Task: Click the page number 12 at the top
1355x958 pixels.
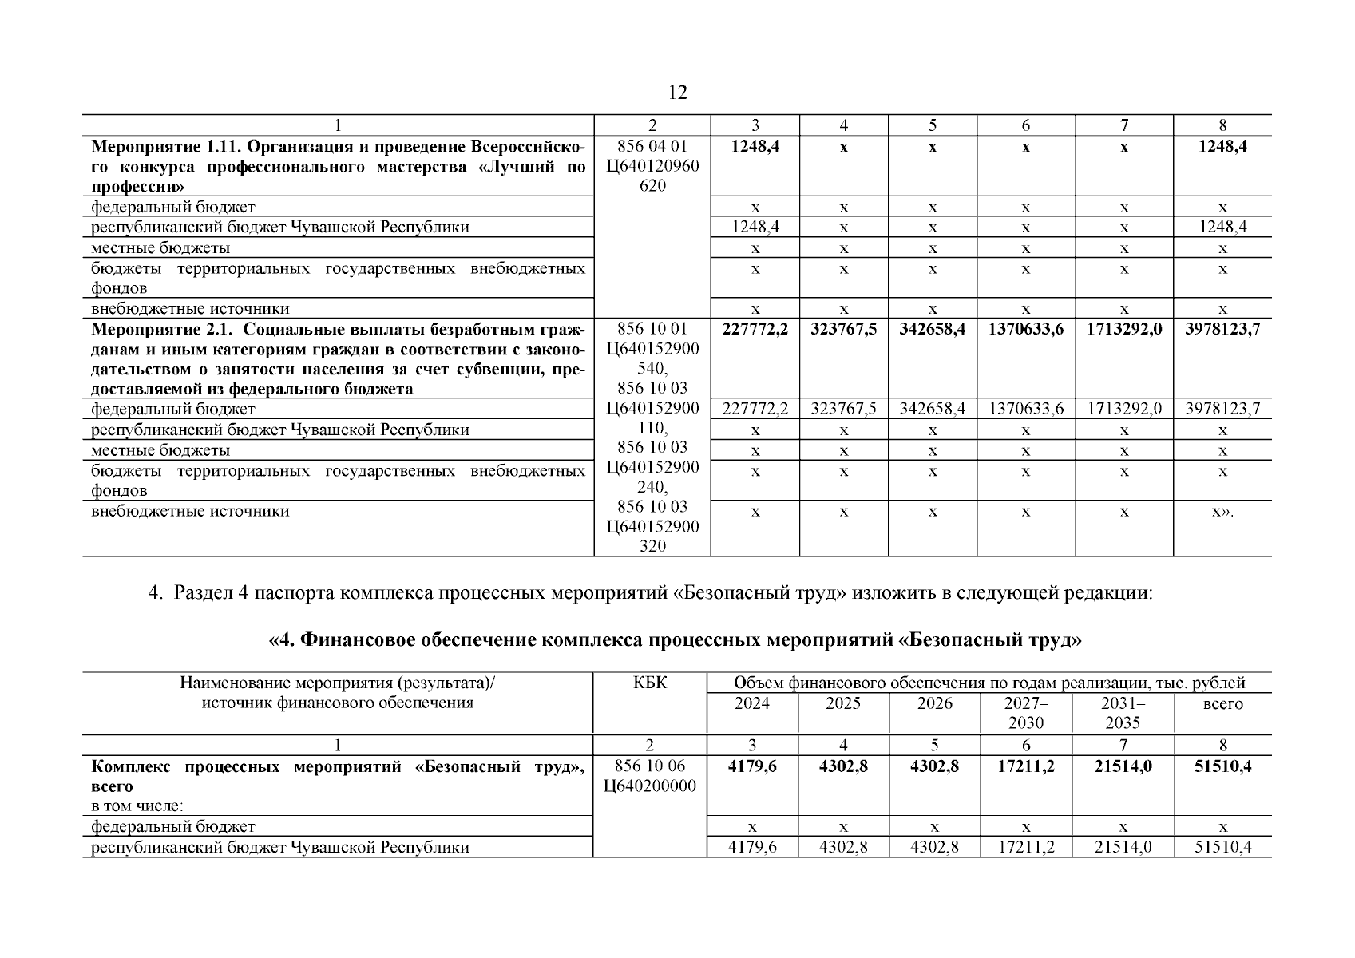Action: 676,93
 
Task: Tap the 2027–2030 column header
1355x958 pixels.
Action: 1026,713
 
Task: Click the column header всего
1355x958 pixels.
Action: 1222,704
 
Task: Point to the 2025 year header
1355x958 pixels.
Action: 843,703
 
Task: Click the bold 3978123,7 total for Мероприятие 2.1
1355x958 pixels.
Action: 1222,328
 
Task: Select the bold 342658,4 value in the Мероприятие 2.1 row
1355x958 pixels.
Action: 932,328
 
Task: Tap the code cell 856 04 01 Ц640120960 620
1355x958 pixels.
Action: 652,166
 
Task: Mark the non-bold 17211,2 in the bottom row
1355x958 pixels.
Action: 1026,847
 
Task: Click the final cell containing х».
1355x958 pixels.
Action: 1222,511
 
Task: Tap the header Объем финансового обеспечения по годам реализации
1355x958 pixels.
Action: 989,683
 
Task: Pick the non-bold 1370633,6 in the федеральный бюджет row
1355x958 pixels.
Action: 1026,409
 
